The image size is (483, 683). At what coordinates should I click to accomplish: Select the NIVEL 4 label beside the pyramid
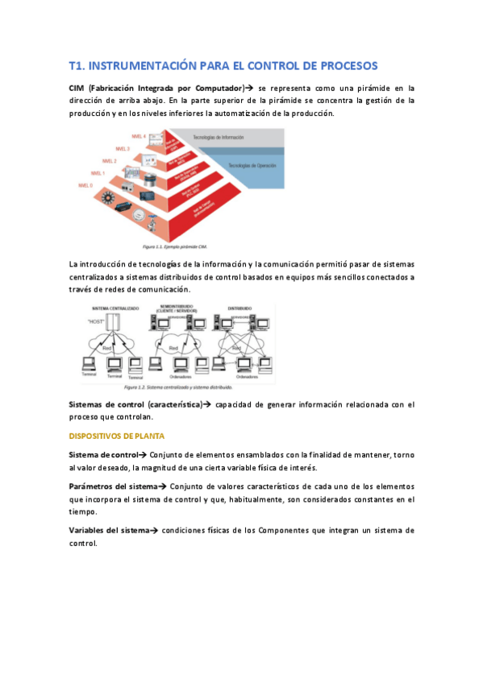(x=138, y=137)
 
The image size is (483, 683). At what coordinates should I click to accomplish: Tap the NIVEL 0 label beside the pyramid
(x=85, y=185)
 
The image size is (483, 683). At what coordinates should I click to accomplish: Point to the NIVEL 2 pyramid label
(x=110, y=161)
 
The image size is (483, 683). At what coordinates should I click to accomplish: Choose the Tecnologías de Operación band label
(x=252, y=165)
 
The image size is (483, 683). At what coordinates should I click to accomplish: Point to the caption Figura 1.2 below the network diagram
(x=153, y=387)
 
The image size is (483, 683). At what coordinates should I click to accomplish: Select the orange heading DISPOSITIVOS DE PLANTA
(x=117, y=436)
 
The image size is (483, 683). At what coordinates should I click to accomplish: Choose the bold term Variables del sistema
(x=109, y=530)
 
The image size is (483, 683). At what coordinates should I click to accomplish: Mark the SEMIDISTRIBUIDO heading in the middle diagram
(x=177, y=307)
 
